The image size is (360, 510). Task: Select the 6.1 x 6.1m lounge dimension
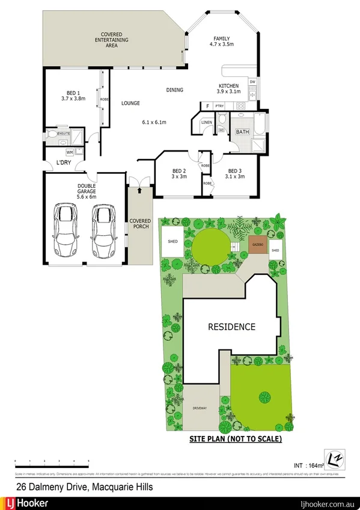point(154,123)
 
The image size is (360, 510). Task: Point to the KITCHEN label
point(228,86)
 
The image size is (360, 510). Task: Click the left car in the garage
point(66,232)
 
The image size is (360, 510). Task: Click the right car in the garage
point(105,232)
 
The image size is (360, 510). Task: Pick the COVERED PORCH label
point(141,224)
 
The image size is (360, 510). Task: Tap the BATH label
point(242,132)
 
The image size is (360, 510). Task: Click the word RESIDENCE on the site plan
point(231,327)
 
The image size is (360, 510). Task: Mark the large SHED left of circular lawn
point(172,243)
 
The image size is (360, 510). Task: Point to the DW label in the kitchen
point(253,82)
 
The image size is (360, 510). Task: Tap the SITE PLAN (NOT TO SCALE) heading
point(235,439)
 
